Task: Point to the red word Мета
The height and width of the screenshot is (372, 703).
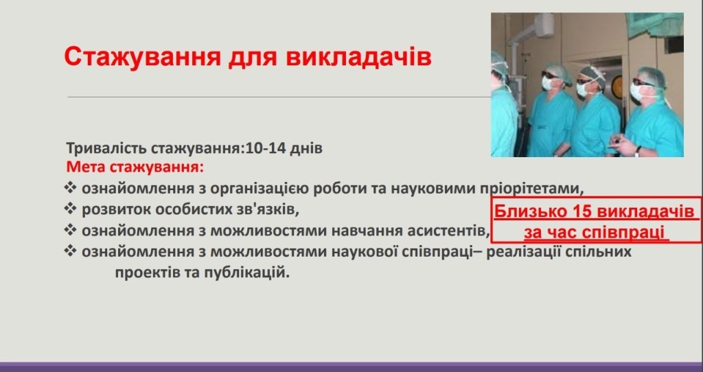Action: pyautogui.click(x=86, y=167)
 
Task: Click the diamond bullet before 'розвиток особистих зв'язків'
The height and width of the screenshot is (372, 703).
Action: pyautogui.click(x=71, y=209)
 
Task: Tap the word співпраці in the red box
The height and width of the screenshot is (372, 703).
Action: pyautogui.click(x=627, y=233)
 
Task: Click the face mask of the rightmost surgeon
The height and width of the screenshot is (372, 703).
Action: pyautogui.click(x=636, y=91)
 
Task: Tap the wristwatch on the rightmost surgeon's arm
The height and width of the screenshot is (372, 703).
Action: pyautogui.click(x=638, y=151)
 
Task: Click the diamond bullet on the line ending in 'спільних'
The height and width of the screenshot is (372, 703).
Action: pyautogui.click(x=71, y=251)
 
